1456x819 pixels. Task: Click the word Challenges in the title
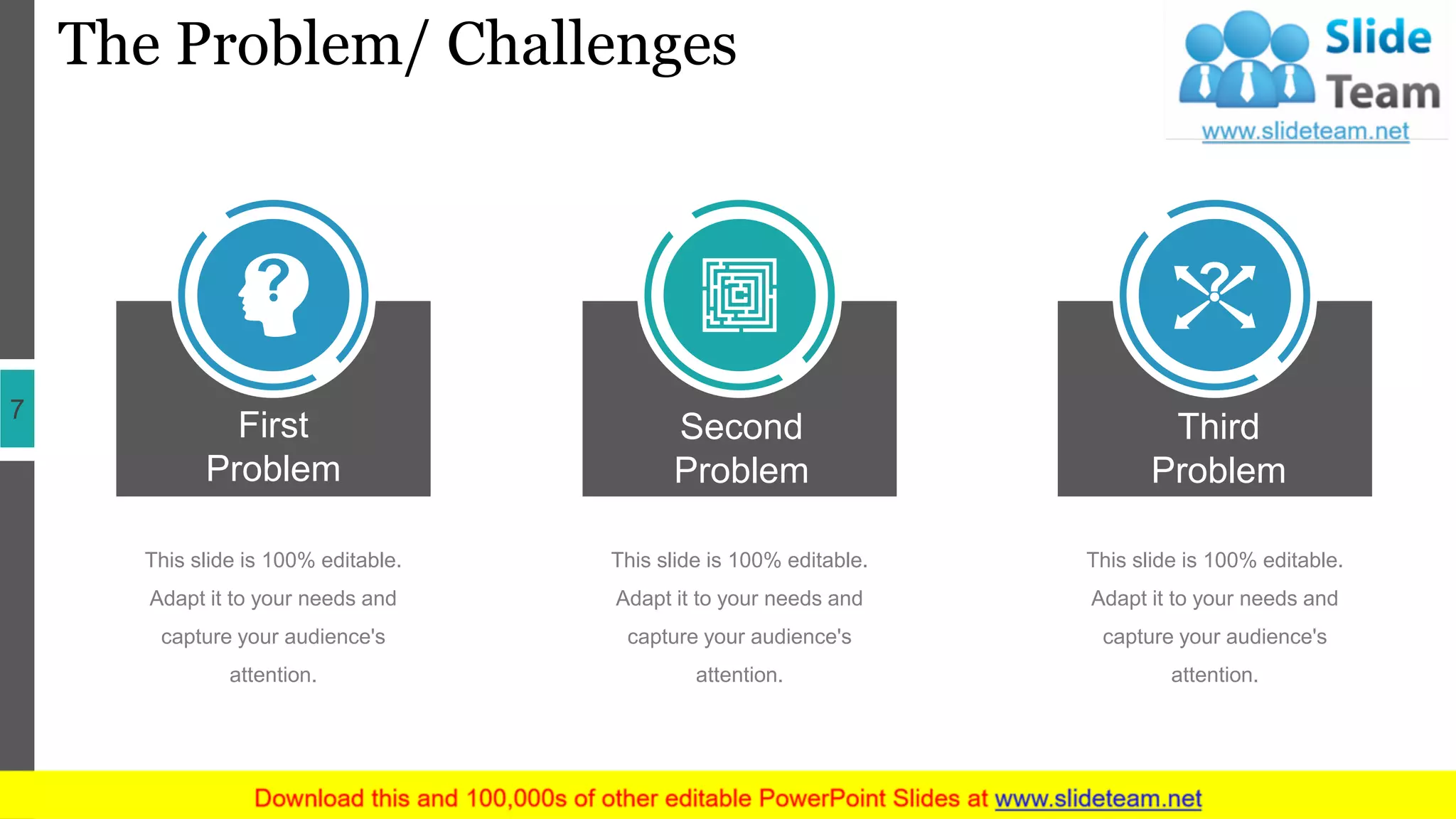point(591,44)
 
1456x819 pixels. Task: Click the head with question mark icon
point(274,294)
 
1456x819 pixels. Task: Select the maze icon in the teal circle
point(739,294)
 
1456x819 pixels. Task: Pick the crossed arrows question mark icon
point(1214,294)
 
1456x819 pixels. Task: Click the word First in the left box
point(274,425)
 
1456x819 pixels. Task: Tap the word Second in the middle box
point(741,427)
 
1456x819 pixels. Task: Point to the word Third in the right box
point(1218,427)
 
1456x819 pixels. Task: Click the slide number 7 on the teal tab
point(17,409)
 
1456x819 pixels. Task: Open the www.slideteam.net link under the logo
point(1305,131)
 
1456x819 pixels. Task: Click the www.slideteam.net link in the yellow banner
point(1098,798)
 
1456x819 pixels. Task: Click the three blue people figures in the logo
point(1246,60)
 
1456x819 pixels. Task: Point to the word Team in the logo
point(1383,93)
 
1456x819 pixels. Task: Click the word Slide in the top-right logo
point(1378,37)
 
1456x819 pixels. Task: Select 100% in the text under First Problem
point(288,560)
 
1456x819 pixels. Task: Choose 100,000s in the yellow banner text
point(516,798)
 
